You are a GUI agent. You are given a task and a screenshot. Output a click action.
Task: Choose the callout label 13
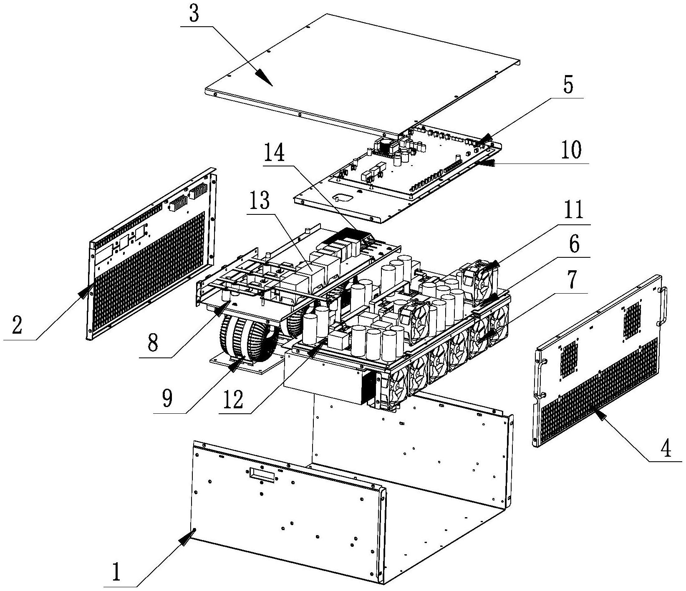(x=259, y=202)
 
